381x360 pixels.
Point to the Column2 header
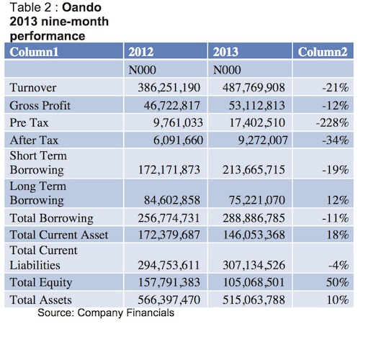click(323, 52)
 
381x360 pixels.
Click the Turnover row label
click(33, 87)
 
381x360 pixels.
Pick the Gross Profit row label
click(40, 106)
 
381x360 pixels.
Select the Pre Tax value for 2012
click(178, 122)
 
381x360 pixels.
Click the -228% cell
click(332, 122)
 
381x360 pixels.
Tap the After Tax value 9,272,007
click(263, 140)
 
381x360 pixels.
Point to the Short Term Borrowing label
click(38, 163)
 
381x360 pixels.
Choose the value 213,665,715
click(254, 169)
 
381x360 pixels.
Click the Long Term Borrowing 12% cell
click(338, 200)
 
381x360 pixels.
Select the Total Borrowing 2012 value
click(169, 218)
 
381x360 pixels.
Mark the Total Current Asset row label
click(59, 235)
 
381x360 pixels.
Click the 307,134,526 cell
click(254, 265)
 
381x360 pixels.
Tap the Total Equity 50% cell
click(338, 282)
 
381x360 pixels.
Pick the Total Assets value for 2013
click(254, 300)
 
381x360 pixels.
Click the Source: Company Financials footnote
click(106, 312)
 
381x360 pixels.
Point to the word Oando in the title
click(81, 7)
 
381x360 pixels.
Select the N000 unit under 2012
click(142, 70)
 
